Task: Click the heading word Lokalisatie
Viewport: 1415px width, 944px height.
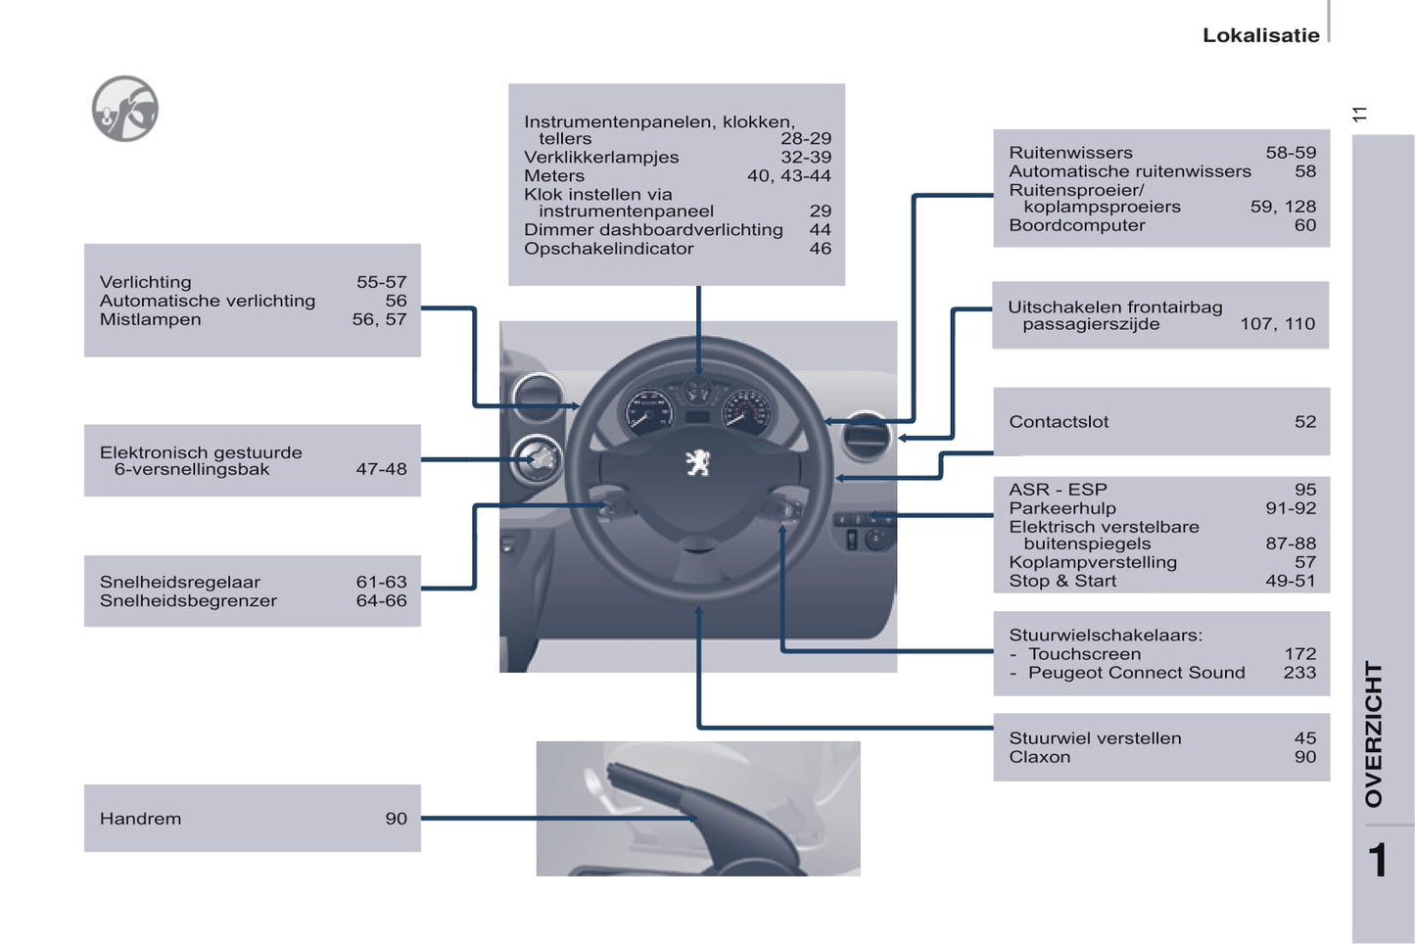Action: tap(1260, 35)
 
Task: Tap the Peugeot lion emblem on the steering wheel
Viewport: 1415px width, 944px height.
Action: tap(698, 461)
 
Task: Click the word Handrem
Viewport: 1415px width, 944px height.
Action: tap(140, 819)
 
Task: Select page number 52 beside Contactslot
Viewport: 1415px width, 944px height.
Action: tap(1304, 422)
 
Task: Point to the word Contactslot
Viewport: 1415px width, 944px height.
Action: tap(1059, 422)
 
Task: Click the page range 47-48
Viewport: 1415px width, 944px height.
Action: tap(381, 469)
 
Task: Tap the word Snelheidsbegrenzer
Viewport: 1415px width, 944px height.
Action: tap(188, 600)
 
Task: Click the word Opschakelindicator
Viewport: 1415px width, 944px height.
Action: tap(608, 249)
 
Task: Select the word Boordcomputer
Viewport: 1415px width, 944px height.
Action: tap(1076, 225)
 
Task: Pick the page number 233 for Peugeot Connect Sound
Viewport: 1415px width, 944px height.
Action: tap(1299, 673)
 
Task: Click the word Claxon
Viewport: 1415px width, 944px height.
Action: tap(1039, 757)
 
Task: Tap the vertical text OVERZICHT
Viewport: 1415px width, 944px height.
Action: tap(1375, 733)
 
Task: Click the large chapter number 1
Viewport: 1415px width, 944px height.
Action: tap(1377, 861)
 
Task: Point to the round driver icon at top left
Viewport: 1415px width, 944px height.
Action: tap(125, 109)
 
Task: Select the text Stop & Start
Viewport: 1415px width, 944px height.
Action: tap(1062, 581)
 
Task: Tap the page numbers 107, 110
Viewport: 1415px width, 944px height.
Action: tap(1277, 324)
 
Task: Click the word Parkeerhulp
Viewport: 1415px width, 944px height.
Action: tap(1062, 508)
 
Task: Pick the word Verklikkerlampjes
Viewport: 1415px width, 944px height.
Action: tap(600, 158)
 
